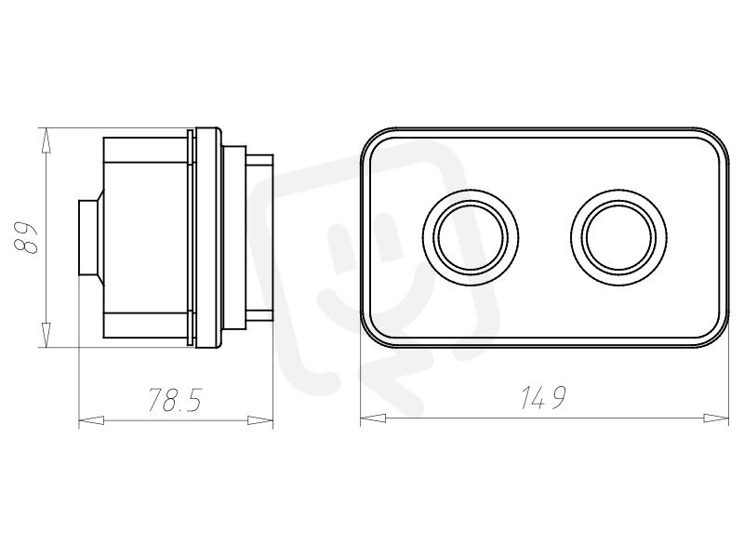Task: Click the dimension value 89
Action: coord(27,238)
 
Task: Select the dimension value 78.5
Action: coord(175,400)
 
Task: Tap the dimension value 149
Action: coord(543,398)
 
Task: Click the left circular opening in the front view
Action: coord(471,237)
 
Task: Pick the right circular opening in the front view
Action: coord(619,237)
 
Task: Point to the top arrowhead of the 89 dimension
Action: coord(46,140)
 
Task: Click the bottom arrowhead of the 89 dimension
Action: coord(46,335)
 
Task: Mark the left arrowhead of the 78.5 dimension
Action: coord(91,420)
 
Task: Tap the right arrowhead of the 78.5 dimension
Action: coord(260,420)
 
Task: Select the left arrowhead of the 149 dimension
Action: coord(373,418)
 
